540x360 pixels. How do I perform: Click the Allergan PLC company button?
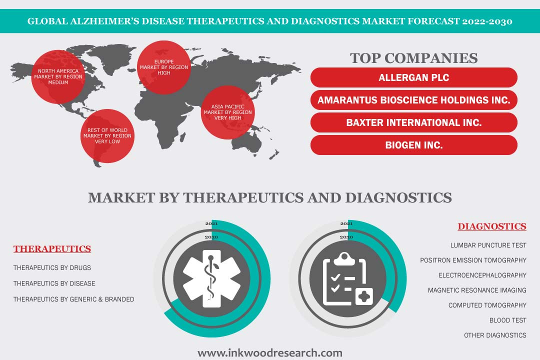click(413, 77)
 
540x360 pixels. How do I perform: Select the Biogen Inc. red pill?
click(413, 145)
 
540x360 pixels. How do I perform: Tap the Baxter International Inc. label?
click(413, 122)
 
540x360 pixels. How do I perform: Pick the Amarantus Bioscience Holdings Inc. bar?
click(413, 100)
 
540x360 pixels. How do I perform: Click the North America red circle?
click(58, 77)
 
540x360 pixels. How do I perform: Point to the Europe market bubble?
click(164, 67)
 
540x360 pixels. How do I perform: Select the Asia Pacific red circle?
click(227, 112)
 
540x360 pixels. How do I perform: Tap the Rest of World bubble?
click(107, 135)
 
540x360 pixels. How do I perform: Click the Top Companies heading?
click(413, 58)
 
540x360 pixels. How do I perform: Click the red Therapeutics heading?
click(52, 248)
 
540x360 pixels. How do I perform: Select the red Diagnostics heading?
click(492, 226)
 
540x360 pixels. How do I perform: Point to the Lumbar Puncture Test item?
click(488, 245)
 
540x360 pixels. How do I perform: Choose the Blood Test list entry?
click(508, 320)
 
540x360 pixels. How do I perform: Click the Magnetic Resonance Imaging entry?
click(477, 290)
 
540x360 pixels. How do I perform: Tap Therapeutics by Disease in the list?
click(54, 283)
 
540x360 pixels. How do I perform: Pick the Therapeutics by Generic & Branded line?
click(73, 299)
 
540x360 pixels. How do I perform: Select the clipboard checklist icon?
click(348, 279)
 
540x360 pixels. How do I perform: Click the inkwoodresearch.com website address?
click(270, 353)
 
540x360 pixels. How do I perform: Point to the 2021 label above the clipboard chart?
click(346, 223)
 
